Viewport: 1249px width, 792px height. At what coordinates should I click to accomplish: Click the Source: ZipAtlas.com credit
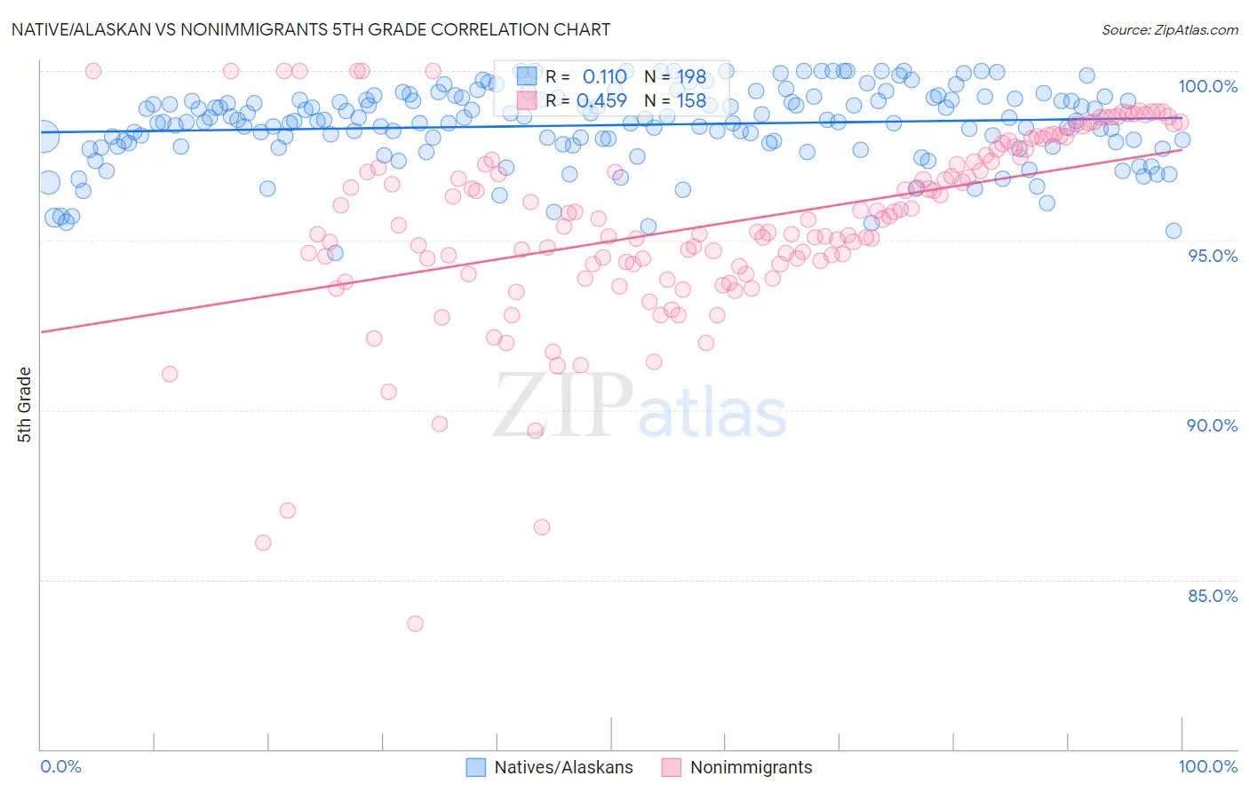(1169, 30)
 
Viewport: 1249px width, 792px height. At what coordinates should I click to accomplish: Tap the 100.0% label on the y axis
(1207, 86)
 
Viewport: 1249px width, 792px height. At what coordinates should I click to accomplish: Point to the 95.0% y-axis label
(1212, 256)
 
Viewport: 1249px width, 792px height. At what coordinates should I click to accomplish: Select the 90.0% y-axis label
(1212, 425)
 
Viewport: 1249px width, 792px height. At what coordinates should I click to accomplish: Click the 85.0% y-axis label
(1212, 596)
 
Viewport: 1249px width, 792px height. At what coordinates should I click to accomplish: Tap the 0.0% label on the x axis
(61, 766)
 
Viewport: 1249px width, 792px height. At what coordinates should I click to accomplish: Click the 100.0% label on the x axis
(1207, 766)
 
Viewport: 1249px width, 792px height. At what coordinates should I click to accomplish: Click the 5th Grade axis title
(25, 405)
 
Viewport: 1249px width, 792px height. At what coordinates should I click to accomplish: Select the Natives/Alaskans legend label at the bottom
(563, 767)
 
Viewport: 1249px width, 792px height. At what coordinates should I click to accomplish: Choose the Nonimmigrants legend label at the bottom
(751, 767)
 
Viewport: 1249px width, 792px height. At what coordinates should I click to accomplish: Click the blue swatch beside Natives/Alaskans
(476, 767)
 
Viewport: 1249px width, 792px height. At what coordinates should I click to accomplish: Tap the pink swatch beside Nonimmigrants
(671, 767)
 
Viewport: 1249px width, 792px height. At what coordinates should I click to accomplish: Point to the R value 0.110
(604, 77)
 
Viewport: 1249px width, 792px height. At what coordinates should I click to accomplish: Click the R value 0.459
(601, 101)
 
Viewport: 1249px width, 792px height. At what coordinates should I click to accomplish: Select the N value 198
(691, 77)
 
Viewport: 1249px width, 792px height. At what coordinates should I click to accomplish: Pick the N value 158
(691, 101)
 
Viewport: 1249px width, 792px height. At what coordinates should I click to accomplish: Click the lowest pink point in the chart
(415, 623)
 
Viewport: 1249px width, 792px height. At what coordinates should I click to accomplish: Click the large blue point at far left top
(44, 137)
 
